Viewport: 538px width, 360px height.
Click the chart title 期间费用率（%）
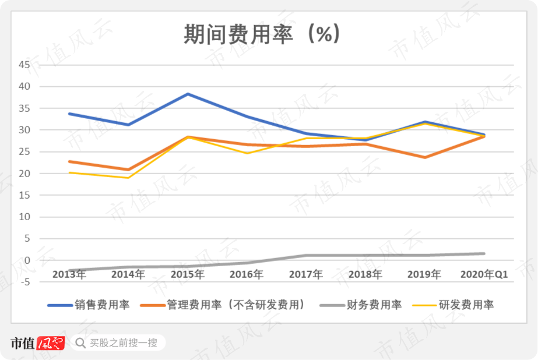[262, 34]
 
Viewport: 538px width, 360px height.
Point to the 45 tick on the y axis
[24, 65]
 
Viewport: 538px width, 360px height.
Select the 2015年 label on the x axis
[188, 274]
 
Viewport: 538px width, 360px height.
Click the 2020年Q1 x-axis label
[484, 274]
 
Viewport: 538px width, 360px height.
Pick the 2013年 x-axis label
[69, 274]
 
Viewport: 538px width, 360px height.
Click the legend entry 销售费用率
[89, 305]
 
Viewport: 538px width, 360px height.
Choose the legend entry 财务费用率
[360, 305]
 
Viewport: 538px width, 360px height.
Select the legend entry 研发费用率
[453, 305]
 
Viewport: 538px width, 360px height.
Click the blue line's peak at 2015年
[188, 94]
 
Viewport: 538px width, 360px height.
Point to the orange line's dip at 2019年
[425, 157]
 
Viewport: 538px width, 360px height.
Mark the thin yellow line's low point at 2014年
[128, 178]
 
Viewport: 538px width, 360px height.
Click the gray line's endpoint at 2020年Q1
[484, 254]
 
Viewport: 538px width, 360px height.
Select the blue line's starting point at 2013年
[69, 114]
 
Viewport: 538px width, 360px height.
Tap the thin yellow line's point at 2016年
[247, 153]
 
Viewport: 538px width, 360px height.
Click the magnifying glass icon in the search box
[80, 343]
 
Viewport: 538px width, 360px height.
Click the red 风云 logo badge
[51, 343]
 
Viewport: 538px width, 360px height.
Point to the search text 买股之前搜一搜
[124, 343]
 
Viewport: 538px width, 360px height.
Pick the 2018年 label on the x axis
[365, 274]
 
